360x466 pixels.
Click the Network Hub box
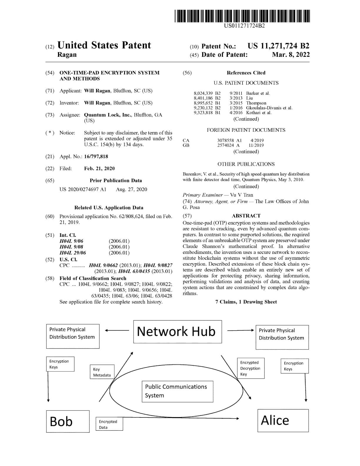coord(178,332)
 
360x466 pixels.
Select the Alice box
coord(283,420)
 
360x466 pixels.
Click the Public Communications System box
coord(178,392)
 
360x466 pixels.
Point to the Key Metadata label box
coord(102,372)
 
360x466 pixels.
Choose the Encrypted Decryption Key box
coord(251,368)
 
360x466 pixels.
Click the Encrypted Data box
coord(109,424)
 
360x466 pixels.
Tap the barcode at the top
coord(242,16)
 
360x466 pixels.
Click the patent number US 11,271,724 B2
coord(279,46)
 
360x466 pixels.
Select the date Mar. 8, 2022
coord(291,55)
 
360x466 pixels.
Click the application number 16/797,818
coord(96,157)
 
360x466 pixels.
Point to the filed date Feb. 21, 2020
coord(99,169)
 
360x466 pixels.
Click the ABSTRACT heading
coord(246,216)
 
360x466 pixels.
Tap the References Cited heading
coord(246,73)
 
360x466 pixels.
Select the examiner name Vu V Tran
coord(241,195)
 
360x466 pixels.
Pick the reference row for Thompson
coord(230,103)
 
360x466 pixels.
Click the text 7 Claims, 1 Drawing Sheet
coord(246,302)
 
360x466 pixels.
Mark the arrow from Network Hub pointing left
coord(117,330)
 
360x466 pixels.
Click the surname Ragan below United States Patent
coord(67,55)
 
